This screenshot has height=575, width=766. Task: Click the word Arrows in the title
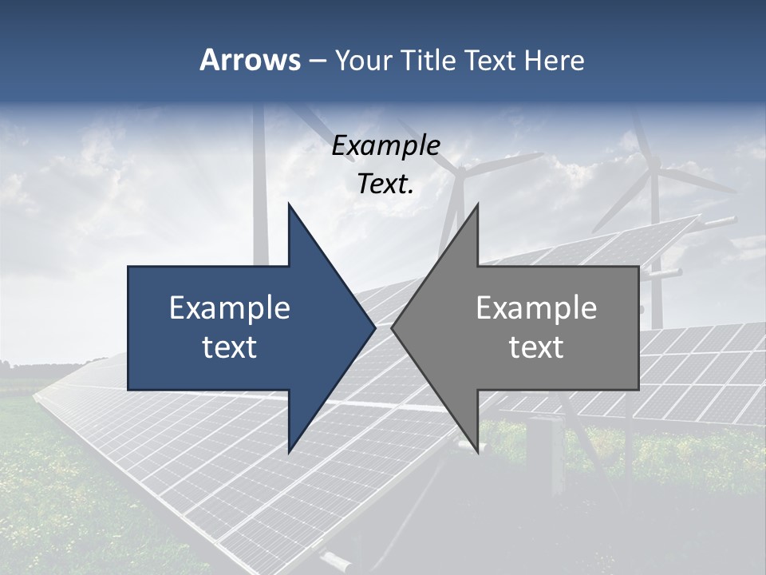(250, 60)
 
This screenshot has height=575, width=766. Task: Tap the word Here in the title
(554, 60)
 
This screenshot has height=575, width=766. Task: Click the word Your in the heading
(363, 61)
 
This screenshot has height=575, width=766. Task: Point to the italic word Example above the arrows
(385, 145)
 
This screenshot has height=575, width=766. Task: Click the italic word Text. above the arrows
(385, 184)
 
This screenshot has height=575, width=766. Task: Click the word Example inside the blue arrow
(230, 308)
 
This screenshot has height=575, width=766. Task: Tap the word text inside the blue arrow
(230, 347)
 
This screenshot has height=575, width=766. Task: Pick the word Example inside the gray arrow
(536, 308)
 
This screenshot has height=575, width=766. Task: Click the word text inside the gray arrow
(536, 347)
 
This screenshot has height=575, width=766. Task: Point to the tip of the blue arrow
(374, 327)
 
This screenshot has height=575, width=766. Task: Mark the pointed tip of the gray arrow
(392, 327)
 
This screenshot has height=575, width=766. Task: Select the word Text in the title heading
(492, 60)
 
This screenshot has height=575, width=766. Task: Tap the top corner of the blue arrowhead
(289, 204)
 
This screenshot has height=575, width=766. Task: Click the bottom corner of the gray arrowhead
(477, 452)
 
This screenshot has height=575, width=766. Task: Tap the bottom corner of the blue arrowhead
(289, 452)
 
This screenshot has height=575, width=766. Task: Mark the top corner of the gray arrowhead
(477, 204)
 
